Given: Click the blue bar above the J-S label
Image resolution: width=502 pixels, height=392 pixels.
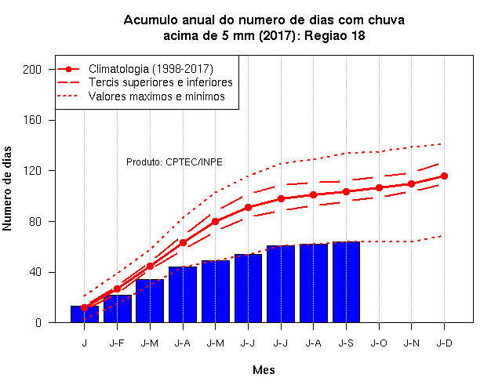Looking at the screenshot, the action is [346, 282].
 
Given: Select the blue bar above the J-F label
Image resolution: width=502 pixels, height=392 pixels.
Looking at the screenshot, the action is [117, 309].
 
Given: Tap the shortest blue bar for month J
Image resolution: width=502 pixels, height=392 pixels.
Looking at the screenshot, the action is [85, 314].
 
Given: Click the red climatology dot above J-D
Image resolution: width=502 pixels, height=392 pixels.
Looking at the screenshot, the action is [445, 176].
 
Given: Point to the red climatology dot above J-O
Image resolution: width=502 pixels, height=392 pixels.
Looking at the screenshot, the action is [379, 187].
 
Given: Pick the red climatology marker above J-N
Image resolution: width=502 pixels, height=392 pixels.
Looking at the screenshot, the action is [411, 184].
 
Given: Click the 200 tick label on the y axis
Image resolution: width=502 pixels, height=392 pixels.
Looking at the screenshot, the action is [32, 70].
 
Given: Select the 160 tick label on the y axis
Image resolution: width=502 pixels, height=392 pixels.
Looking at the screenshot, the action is [32, 120].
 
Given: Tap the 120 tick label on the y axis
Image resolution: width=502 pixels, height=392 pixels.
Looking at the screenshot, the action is [32, 171].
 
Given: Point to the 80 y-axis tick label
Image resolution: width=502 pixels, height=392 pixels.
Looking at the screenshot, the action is [35, 221].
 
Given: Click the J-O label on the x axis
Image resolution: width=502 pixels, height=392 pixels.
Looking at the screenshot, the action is [379, 343].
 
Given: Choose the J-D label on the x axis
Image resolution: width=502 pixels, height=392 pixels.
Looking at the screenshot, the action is [445, 343].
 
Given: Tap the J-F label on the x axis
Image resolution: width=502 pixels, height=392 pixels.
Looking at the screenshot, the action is [117, 343].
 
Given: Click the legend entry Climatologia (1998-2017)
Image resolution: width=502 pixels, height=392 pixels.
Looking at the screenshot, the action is [151, 69].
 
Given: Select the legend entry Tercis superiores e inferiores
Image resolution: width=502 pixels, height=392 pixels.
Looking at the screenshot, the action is [160, 82].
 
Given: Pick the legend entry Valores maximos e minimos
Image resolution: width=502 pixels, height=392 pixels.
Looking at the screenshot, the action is [157, 96].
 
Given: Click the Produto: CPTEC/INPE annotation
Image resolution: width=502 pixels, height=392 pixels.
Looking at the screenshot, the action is [174, 162].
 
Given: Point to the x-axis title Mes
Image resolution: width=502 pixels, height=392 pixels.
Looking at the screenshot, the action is [264, 370].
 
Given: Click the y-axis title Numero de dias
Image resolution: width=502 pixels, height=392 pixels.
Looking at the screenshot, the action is [7, 188].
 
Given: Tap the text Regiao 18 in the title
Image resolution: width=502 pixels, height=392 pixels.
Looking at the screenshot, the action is [335, 36].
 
